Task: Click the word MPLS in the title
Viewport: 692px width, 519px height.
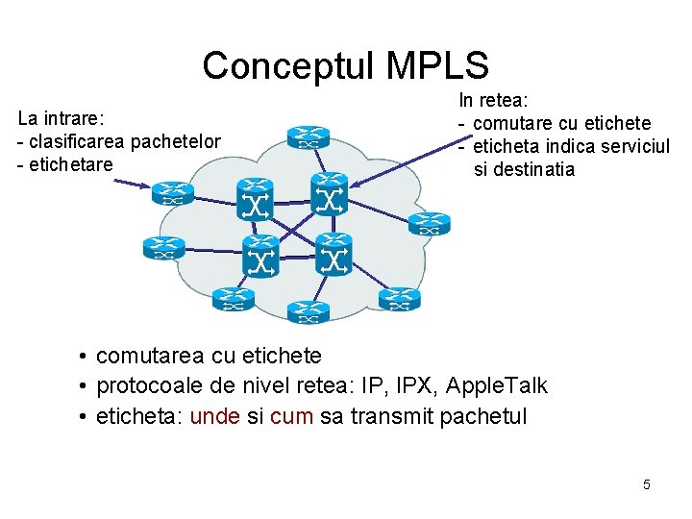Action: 437,65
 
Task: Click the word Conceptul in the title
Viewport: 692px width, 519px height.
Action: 287,65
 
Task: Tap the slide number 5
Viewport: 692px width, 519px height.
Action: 647,484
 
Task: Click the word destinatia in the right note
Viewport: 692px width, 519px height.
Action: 533,169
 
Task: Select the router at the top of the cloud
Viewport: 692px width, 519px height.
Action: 309,136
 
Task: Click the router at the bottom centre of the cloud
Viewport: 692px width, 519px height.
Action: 308,310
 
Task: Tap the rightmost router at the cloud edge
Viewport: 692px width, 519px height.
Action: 429,223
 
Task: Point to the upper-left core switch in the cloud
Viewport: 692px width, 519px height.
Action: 256,198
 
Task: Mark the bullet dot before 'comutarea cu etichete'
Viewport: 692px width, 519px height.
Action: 85,357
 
